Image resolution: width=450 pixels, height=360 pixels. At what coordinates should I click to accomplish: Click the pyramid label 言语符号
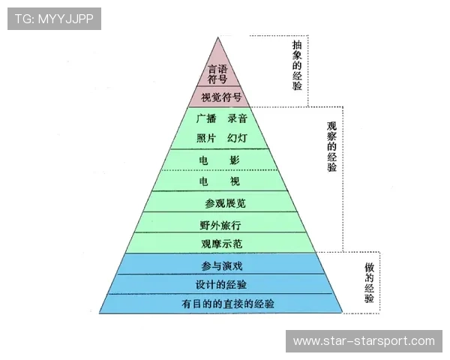(217, 73)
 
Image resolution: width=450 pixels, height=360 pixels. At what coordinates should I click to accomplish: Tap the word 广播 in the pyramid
(206, 118)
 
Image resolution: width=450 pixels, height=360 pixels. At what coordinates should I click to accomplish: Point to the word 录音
(237, 118)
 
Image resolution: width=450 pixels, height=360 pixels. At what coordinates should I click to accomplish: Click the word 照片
(206, 139)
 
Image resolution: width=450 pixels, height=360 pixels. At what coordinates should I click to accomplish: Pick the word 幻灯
(237, 139)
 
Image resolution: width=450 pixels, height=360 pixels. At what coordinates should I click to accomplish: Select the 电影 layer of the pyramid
(219, 160)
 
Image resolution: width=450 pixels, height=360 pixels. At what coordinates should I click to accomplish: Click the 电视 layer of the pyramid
(219, 181)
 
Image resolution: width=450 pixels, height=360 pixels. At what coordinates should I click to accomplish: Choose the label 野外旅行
(220, 224)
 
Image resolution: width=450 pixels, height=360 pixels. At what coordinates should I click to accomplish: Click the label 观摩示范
(221, 244)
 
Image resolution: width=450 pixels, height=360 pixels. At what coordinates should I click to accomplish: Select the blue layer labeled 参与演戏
(221, 265)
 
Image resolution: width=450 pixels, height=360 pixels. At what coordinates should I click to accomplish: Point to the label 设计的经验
(221, 285)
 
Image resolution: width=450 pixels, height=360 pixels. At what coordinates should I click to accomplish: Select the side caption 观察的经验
(332, 146)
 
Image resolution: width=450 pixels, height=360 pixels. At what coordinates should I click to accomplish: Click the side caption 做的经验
(369, 283)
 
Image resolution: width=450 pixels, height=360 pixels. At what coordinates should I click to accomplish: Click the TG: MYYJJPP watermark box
(53, 18)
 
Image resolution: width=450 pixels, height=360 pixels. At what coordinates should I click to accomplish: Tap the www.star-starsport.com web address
(363, 341)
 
